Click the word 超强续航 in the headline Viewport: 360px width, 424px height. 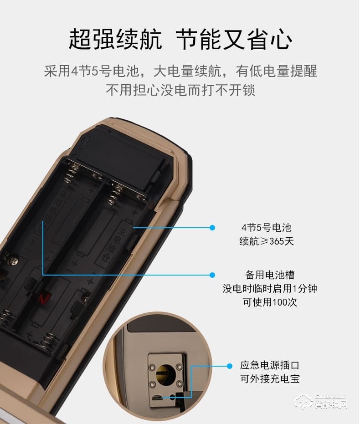[115, 40]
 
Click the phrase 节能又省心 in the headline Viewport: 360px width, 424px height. [233, 40]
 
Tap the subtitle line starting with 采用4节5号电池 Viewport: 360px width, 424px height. [180, 72]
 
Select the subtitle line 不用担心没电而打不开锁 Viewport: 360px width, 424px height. [180, 89]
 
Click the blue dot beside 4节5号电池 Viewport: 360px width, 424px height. [212, 227]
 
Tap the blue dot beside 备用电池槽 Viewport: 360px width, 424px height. [212, 275]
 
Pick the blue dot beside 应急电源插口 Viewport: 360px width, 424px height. [230, 365]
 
